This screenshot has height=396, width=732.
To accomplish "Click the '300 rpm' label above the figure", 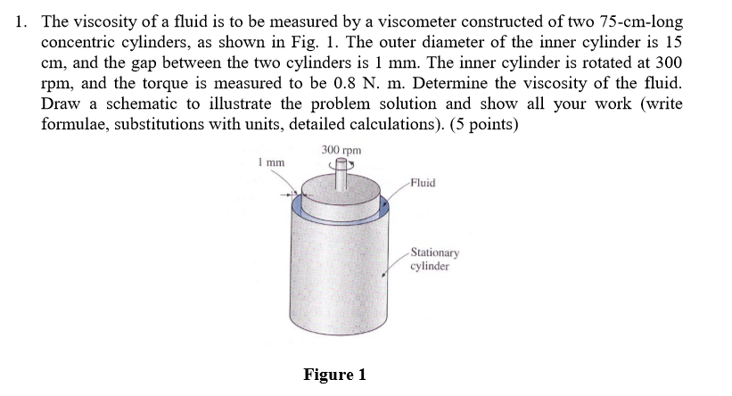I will point(342,151).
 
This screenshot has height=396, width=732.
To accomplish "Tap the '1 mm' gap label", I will point(271,162).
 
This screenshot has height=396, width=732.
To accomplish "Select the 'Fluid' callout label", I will point(424,182).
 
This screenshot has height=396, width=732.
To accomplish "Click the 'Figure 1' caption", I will point(334,375).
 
